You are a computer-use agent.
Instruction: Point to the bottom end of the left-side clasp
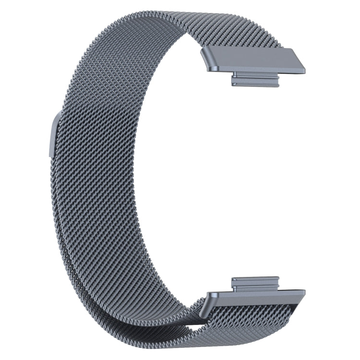(50, 154)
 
